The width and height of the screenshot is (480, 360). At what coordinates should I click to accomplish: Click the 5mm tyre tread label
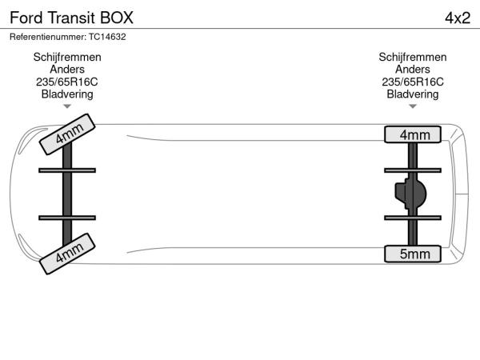413,254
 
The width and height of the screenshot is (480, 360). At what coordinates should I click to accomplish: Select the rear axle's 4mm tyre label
413,134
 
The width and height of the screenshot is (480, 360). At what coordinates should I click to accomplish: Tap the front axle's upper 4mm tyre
67,134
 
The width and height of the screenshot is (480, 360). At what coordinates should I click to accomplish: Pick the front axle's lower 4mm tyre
67,254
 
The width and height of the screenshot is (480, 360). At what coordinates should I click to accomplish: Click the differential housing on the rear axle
410,194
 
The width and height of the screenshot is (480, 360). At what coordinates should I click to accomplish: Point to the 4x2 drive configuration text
458,18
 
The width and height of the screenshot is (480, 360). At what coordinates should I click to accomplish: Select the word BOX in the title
117,18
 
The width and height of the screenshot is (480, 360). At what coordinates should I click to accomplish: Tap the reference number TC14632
107,37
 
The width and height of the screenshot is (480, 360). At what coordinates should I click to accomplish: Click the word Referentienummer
47,37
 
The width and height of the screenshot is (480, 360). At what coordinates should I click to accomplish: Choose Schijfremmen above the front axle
67,58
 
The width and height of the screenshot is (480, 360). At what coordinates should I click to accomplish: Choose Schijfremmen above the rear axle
413,58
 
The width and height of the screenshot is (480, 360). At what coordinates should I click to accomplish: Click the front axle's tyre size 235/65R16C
67,82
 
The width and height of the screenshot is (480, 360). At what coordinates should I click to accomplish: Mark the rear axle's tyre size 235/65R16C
413,82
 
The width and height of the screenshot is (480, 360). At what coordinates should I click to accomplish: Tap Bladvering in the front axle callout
67,94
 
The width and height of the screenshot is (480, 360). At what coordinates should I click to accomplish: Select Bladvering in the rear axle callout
413,94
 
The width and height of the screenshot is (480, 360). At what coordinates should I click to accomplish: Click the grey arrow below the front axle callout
67,106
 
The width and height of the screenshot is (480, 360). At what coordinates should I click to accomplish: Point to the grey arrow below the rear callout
413,106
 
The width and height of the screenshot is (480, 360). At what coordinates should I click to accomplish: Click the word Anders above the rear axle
413,70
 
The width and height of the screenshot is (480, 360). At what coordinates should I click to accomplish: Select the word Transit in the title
71,18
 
